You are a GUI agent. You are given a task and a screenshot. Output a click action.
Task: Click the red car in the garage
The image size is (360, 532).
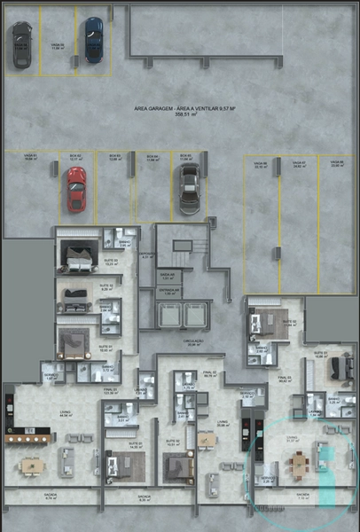(x=76, y=190)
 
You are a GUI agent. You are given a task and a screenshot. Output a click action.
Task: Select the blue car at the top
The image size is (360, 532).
(x=93, y=39)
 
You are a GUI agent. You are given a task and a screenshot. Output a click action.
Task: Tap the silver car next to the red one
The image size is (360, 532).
(x=188, y=188)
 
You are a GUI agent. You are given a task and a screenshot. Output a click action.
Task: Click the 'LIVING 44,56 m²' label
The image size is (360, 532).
(x=66, y=412)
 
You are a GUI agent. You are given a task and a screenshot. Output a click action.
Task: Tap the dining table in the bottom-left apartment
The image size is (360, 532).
(x=32, y=465)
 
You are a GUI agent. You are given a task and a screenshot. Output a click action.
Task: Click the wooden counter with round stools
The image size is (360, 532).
(x=27, y=437)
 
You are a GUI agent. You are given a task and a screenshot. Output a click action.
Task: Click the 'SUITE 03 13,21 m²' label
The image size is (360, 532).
(x=111, y=262)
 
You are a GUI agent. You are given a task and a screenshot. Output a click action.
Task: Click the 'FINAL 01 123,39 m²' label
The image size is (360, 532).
(x=109, y=389)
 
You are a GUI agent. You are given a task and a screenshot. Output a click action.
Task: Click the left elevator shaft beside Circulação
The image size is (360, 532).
(x=167, y=316)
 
